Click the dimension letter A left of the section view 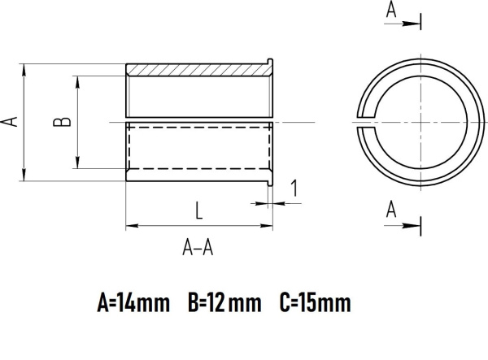pyautogui.click(x=11, y=121)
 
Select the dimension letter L pyautogui.click(x=199, y=210)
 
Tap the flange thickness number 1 pyautogui.click(x=294, y=189)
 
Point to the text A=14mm pyautogui.click(x=133, y=304)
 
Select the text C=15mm pyautogui.click(x=315, y=304)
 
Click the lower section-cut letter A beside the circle pyautogui.click(x=391, y=210)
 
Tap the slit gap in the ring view pyautogui.click(x=363, y=121)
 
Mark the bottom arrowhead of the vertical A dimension pyautogui.click(x=25, y=176)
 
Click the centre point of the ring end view pyautogui.click(x=420, y=121)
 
